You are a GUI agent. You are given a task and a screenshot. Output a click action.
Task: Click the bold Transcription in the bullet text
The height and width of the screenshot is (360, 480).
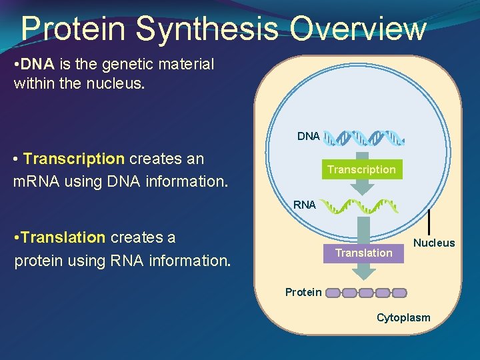pos(73,159)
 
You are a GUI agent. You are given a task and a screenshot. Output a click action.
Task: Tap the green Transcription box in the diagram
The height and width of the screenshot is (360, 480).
pos(361,170)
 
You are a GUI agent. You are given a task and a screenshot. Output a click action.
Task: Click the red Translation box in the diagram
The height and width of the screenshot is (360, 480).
pos(363,253)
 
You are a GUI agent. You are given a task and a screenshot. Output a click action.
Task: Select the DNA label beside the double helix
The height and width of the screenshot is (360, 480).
pos(308,136)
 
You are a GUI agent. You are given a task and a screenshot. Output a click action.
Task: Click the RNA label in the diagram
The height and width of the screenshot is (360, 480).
pos(305,205)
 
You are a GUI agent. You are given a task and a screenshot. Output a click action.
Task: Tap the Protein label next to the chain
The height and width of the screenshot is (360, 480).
pos(303,292)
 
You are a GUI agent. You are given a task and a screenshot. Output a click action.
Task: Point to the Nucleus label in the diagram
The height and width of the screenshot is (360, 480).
pos(434,243)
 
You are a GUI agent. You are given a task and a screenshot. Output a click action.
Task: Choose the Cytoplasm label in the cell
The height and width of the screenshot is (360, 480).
pos(403,317)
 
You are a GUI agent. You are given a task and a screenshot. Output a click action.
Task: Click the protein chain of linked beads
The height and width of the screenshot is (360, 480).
pos(366,293)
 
